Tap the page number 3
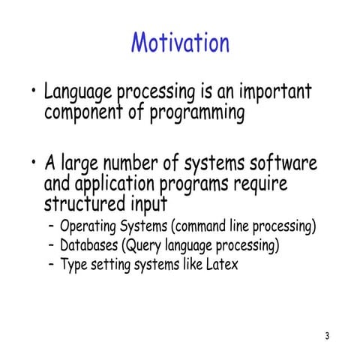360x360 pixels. [328, 335]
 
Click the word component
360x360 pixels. [83, 114]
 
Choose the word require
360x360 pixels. [259, 184]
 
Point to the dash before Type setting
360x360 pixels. [49, 265]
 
